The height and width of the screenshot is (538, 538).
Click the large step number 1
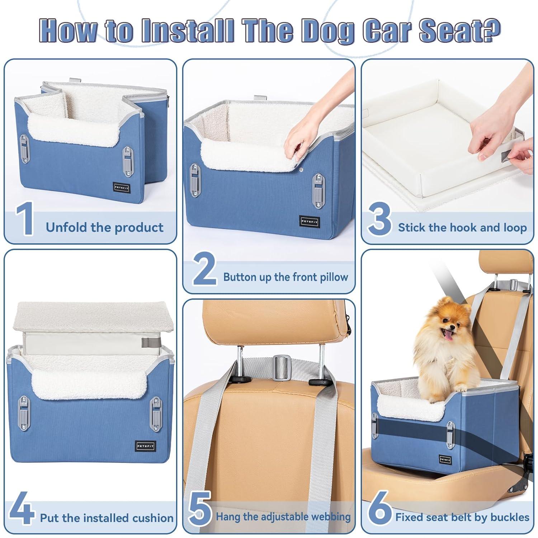24,219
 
